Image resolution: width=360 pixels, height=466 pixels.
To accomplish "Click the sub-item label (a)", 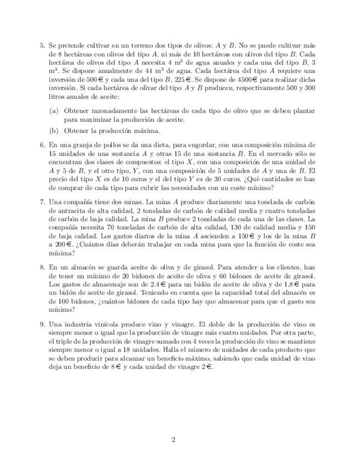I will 54,111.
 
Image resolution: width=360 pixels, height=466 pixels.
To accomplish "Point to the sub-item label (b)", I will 54,131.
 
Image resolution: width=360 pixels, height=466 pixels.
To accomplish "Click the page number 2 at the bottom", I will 173,440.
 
